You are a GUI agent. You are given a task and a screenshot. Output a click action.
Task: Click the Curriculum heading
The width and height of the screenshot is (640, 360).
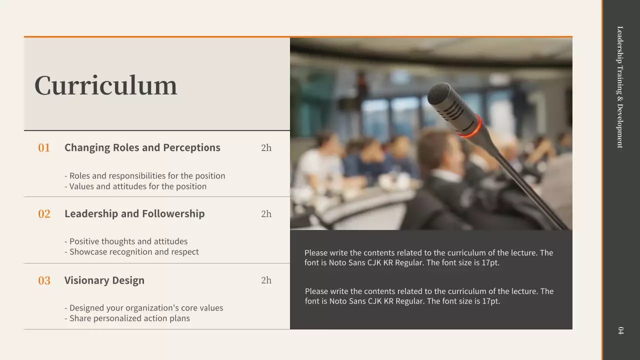(105, 85)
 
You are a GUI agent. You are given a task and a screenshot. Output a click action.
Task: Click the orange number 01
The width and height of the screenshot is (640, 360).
(44, 147)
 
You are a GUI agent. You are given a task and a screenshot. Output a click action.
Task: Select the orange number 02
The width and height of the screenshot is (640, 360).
(44, 214)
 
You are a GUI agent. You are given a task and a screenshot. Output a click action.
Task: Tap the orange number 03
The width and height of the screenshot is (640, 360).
(44, 280)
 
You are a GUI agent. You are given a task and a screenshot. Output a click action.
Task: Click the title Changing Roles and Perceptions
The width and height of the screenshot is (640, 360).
(142, 147)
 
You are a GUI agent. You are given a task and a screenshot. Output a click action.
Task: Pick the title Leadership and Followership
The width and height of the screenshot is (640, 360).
(134, 213)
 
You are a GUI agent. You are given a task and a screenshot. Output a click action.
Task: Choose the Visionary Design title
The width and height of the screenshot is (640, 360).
(104, 280)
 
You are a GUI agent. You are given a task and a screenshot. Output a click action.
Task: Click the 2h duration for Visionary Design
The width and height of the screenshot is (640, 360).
(266, 280)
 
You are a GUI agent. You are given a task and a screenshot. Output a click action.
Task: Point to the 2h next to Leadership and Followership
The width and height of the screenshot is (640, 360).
(266, 214)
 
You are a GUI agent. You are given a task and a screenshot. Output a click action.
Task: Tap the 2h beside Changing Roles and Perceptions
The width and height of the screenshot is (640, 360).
(266, 147)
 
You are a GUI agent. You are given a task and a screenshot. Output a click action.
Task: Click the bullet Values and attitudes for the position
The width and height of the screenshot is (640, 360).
(135, 186)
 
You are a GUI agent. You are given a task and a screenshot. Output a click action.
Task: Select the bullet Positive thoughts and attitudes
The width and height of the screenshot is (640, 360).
(126, 241)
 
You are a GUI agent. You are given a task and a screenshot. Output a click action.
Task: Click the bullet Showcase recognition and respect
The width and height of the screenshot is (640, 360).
(131, 252)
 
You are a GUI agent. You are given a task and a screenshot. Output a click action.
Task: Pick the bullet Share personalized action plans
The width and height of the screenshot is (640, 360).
(127, 318)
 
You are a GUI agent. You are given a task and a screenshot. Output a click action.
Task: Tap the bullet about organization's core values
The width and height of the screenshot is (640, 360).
(144, 308)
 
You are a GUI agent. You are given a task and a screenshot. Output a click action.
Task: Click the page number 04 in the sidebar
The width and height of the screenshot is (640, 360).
(620, 330)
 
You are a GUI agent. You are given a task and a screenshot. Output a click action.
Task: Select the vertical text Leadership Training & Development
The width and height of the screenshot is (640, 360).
(620, 87)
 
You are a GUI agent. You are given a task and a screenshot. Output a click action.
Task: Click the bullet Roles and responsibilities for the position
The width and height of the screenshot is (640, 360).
(145, 176)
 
